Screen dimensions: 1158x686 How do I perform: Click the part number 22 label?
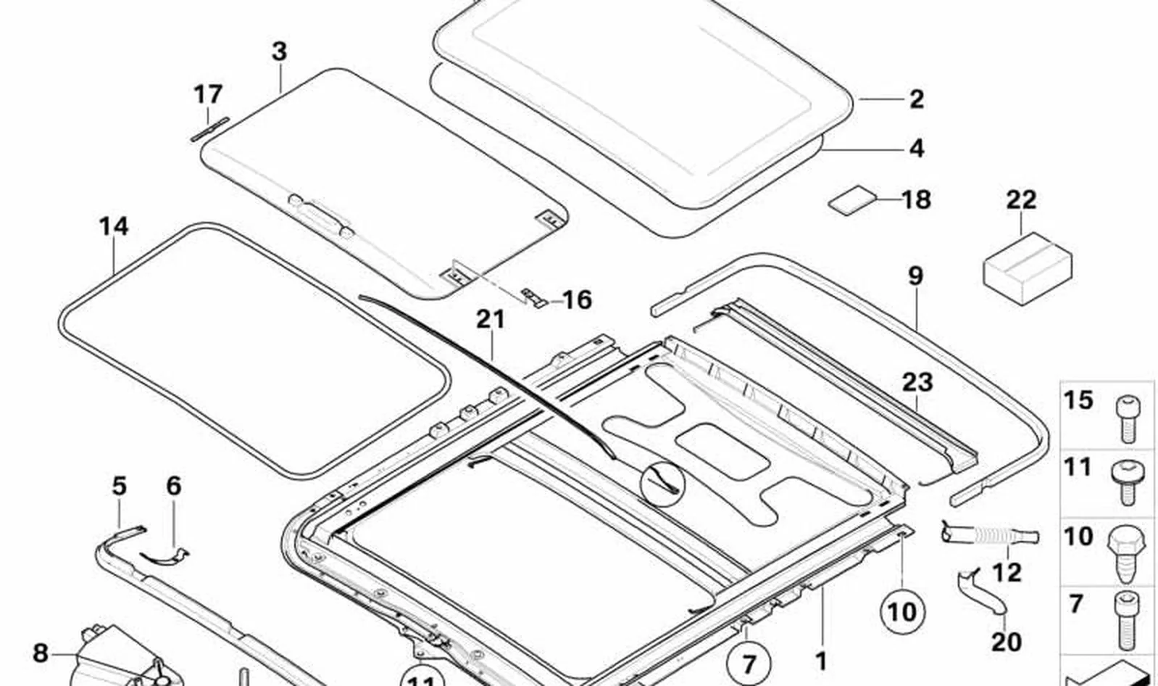coord(1021,200)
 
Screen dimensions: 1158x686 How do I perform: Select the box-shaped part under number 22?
coord(1028,268)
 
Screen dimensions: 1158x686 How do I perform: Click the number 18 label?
coord(916,199)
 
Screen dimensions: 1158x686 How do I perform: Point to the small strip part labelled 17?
coord(210,129)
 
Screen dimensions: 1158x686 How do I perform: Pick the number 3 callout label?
coord(279,51)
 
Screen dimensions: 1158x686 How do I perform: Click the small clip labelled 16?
coord(533,297)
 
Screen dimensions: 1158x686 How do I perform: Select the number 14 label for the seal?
coord(114,226)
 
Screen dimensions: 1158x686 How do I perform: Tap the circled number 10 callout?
coord(903,612)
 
